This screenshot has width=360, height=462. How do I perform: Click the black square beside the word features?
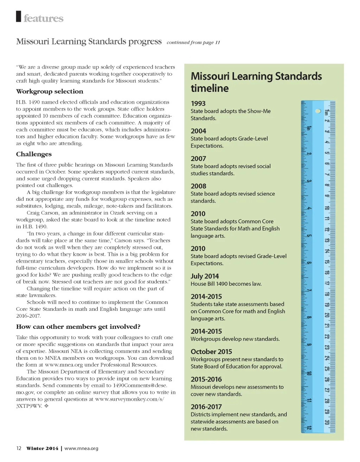pyautogui.click(x=19, y=17)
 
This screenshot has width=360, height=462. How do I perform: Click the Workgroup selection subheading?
pyautogui.click(x=50, y=91)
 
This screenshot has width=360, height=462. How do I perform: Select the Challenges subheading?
pyautogui.click(x=34, y=154)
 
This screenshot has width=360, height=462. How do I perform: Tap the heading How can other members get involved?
pyautogui.click(x=78, y=327)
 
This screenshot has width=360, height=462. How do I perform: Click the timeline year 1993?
pyautogui.click(x=198, y=103)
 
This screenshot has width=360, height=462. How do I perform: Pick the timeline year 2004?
pyautogui.click(x=198, y=131)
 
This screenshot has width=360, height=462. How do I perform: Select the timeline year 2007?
pyautogui.click(x=198, y=159)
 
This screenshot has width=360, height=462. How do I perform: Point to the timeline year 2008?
pyautogui.click(x=198, y=186)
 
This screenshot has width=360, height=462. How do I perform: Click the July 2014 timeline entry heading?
pyautogui.click(x=205, y=276)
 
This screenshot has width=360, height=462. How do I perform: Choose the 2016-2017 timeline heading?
pyautogui.click(x=206, y=407)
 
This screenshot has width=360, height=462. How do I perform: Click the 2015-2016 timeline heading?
pyautogui.click(x=206, y=379)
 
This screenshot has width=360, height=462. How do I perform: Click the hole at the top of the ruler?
pyautogui.click(x=318, y=111)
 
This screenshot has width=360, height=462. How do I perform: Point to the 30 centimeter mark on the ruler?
pyautogui.click(x=327, y=422)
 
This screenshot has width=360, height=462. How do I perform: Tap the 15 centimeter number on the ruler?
pyautogui.click(x=327, y=262)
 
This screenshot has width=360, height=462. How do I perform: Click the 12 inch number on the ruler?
pyautogui.click(x=309, y=428)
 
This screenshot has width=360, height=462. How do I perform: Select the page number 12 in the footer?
pyautogui.click(x=19, y=448)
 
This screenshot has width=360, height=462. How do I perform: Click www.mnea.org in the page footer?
pyautogui.click(x=81, y=448)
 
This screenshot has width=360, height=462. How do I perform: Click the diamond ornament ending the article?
pyautogui.click(x=46, y=406)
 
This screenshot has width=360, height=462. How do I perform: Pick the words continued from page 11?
pyautogui.click(x=193, y=43)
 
